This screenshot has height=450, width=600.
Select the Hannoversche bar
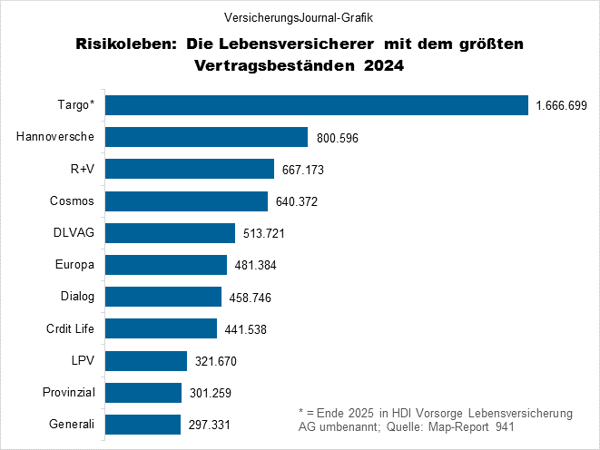pos(207,137)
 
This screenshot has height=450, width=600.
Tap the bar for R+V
pos(190,169)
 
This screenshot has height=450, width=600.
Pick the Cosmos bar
pos(186,201)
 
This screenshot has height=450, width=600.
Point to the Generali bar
pos(143,424)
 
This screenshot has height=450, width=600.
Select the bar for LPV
pos(146,360)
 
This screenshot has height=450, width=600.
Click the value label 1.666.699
pos(562,106)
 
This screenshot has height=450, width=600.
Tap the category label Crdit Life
pos(71,328)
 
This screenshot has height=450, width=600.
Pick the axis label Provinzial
pos(70,392)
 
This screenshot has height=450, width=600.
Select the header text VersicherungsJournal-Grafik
pos(299,17)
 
